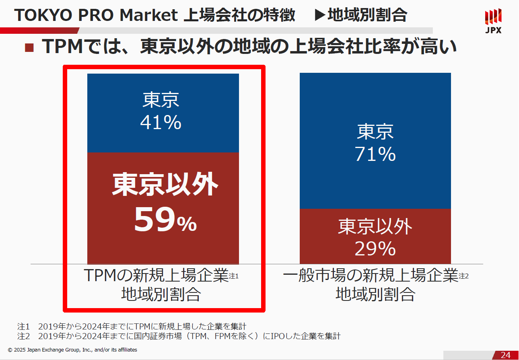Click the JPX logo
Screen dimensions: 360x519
[493, 21]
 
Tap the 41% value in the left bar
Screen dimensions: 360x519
[161, 123]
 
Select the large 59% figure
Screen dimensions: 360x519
[165, 220]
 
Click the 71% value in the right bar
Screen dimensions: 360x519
[375, 154]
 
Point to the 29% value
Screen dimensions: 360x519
[375, 249]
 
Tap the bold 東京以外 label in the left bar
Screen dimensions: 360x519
[165, 185]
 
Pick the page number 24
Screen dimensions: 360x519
[505, 355]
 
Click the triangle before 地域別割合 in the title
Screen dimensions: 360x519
[320, 16]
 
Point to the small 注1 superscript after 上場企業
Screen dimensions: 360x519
[234, 276]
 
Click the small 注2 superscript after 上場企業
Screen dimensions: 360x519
[464, 276]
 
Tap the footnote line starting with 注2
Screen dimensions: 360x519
[179, 336]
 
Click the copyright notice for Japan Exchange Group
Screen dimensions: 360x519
[72, 350]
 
